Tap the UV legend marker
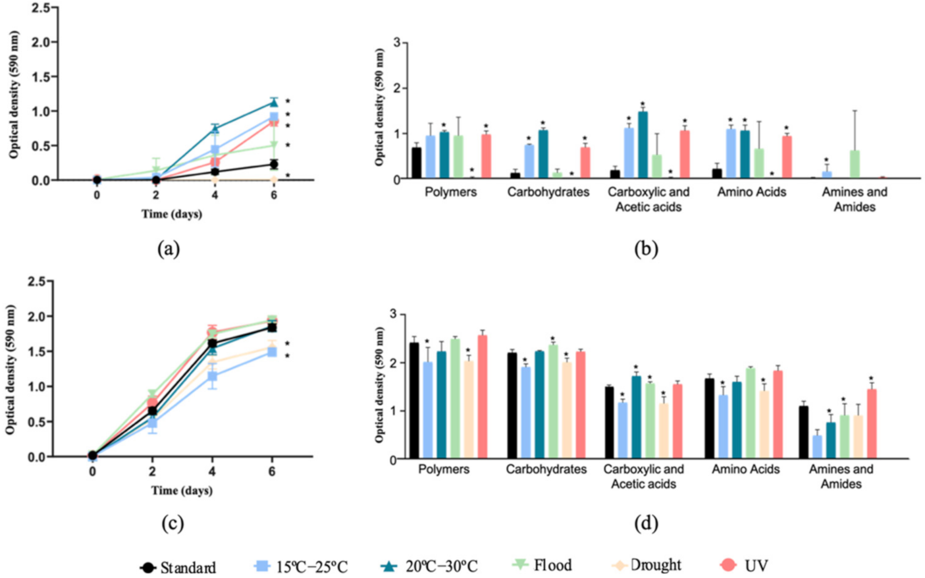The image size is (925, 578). point(728,565)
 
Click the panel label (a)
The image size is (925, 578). point(168,249)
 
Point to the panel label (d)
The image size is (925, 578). point(646,523)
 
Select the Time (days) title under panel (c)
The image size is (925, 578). point(182,491)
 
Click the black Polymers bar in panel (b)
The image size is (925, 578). point(417,163)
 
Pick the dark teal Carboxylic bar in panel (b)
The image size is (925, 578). point(643,145)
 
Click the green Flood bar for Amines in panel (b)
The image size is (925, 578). point(855,165)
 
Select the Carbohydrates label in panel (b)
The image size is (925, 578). point(548,192)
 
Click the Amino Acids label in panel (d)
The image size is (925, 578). point(745,469)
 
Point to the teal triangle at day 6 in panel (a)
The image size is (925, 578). point(274,102)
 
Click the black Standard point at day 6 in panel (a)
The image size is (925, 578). point(274,165)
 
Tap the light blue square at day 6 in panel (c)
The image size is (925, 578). point(272,352)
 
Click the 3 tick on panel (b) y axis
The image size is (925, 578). point(396,43)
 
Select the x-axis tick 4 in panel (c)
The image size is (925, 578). point(212,471)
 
